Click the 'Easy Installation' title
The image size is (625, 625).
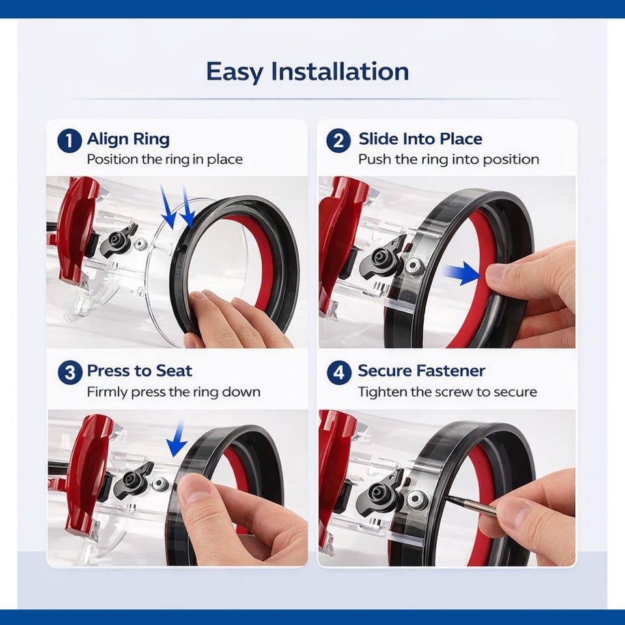pyautogui.click(x=307, y=72)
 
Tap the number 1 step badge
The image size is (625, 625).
pyautogui.click(x=70, y=141)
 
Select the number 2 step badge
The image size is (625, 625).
pyautogui.click(x=339, y=141)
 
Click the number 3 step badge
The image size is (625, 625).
pyautogui.click(x=70, y=372)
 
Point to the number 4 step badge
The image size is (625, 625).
pyautogui.click(x=339, y=372)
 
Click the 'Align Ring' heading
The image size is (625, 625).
pyautogui.click(x=128, y=139)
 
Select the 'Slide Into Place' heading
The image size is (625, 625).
pyautogui.click(x=421, y=139)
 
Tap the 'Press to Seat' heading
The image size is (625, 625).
pyautogui.click(x=139, y=370)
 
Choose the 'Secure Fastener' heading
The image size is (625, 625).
pyautogui.click(x=421, y=370)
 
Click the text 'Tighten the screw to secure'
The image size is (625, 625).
pyautogui.click(x=447, y=392)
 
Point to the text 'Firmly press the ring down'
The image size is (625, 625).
pyautogui.click(x=173, y=392)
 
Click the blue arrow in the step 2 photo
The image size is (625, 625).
pyautogui.click(x=462, y=273)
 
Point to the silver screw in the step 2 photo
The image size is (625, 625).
pyautogui.click(x=414, y=265)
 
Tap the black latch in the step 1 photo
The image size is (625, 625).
pyautogui.click(x=118, y=240)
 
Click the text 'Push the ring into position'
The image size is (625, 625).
pyautogui.click(x=449, y=160)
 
